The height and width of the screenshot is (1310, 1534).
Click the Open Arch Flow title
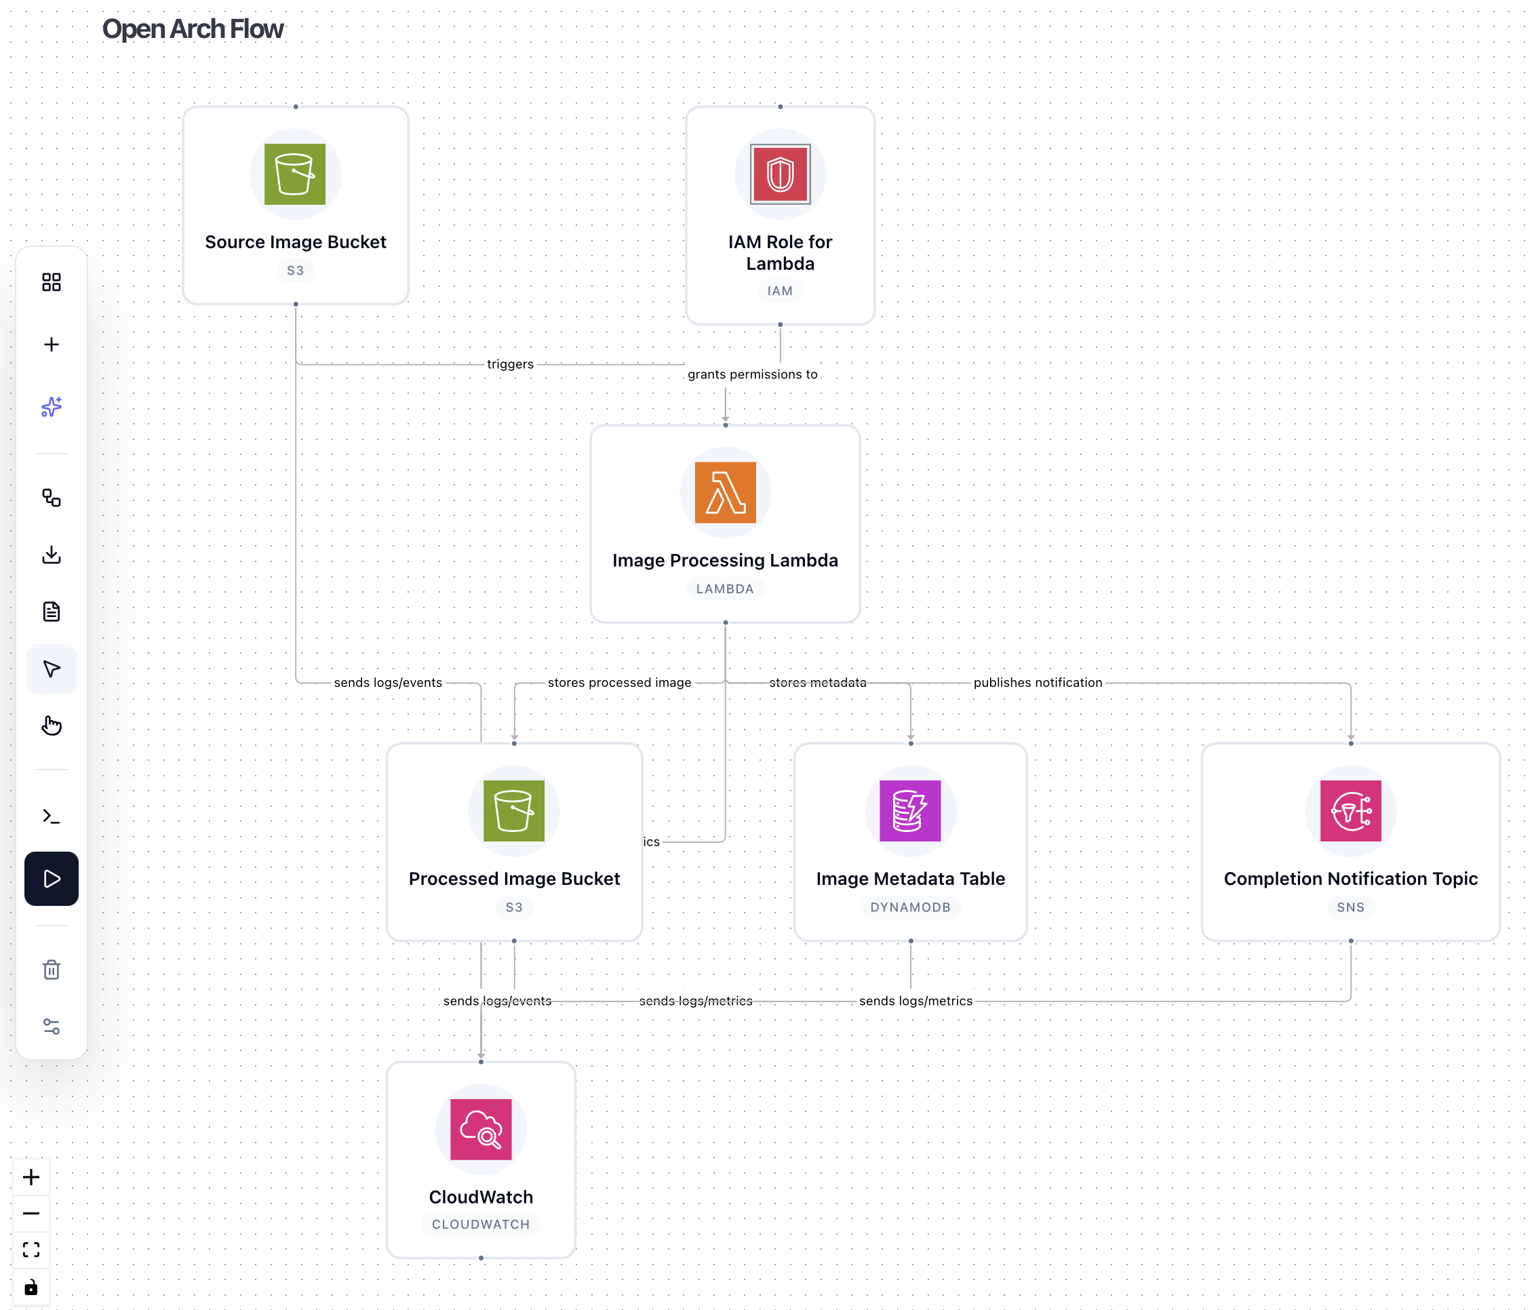tap(193, 29)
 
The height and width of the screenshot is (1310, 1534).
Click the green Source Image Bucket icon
tap(294, 174)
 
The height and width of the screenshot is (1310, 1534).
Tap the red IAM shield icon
tap(780, 174)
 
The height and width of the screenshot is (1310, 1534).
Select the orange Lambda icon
tap(725, 492)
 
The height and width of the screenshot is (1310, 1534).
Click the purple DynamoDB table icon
tap(910, 810)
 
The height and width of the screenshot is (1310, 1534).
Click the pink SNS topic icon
tap(1350, 810)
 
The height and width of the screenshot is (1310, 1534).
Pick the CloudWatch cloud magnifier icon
tap(481, 1129)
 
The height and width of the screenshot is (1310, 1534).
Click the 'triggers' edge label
tap(510, 364)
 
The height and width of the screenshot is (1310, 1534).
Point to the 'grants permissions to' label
tap(752, 374)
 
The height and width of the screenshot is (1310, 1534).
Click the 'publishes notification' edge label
tap(1037, 682)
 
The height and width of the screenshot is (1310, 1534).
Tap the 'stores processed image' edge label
tap(619, 682)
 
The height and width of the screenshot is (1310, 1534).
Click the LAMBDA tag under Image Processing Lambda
tap(724, 589)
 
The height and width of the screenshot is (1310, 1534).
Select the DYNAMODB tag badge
tap(910, 907)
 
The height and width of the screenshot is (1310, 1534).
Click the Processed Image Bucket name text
tap(514, 879)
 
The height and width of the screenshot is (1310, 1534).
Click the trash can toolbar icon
tap(51, 970)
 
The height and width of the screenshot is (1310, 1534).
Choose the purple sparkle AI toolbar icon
tap(51, 406)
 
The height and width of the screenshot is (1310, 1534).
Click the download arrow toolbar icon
tap(51, 555)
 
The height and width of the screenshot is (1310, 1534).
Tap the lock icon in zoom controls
tap(31, 1288)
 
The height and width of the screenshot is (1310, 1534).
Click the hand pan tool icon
tap(51, 726)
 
